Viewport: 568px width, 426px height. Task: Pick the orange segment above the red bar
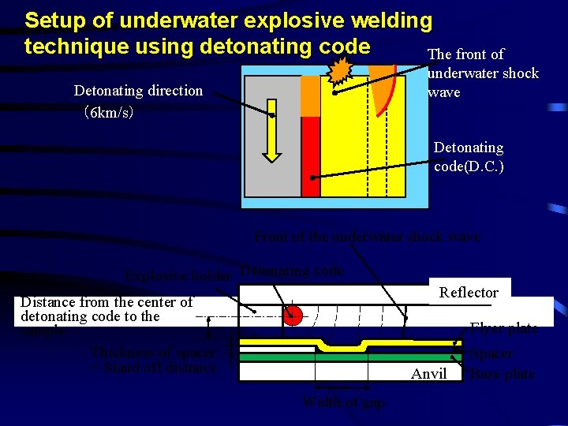[x=311, y=95]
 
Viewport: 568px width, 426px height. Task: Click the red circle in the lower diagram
[x=293, y=316]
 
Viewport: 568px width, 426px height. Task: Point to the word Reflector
[x=469, y=293]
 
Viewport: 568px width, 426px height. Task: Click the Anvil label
[x=428, y=374]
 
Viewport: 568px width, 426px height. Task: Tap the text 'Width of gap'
[x=344, y=402]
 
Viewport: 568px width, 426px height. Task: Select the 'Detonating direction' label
[x=138, y=91]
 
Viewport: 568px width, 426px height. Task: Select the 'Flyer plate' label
[x=503, y=328]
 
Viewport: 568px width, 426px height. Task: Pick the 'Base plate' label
[x=502, y=374]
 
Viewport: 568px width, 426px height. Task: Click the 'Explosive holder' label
[x=177, y=276]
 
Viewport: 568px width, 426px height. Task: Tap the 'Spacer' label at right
[x=491, y=354]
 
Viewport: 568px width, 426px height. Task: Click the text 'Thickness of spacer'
[x=153, y=353]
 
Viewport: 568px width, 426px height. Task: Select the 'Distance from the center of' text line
[x=106, y=302]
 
